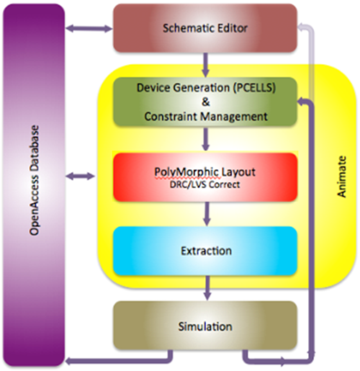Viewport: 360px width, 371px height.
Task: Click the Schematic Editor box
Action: click(204, 30)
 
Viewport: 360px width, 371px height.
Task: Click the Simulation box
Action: click(204, 326)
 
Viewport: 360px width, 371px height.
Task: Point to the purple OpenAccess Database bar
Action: click(33, 184)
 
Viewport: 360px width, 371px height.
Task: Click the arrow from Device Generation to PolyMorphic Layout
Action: click(207, 138)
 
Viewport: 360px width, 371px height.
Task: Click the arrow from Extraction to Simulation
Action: click(207, 290)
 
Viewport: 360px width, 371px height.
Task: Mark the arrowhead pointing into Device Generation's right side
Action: click(303, 102)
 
